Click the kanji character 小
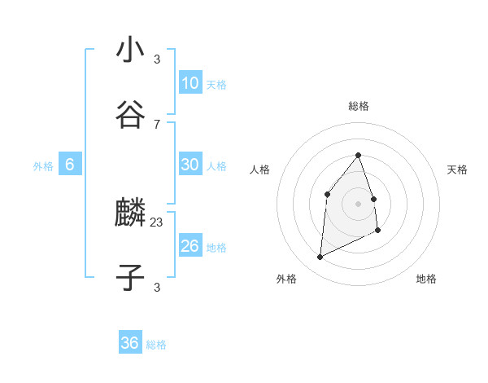point(130,50)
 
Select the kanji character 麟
point(130,214)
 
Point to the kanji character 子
point(130,278)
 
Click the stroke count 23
point(157,222)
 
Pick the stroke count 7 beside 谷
point(157,124)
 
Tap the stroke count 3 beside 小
point(157,59)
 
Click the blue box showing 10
point(190,83)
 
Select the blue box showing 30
point(190,165)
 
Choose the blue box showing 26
point(190,246)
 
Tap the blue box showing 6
point(70,165)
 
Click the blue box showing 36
point(130,343)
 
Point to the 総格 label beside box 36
point(156,345)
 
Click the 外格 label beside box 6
point(43,166)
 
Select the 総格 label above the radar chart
point(359,106)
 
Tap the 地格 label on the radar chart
point(426,280)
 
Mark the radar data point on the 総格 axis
point(358,155)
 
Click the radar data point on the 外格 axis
point(320,258)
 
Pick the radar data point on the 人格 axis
point(327,193)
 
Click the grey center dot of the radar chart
point(358,204)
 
